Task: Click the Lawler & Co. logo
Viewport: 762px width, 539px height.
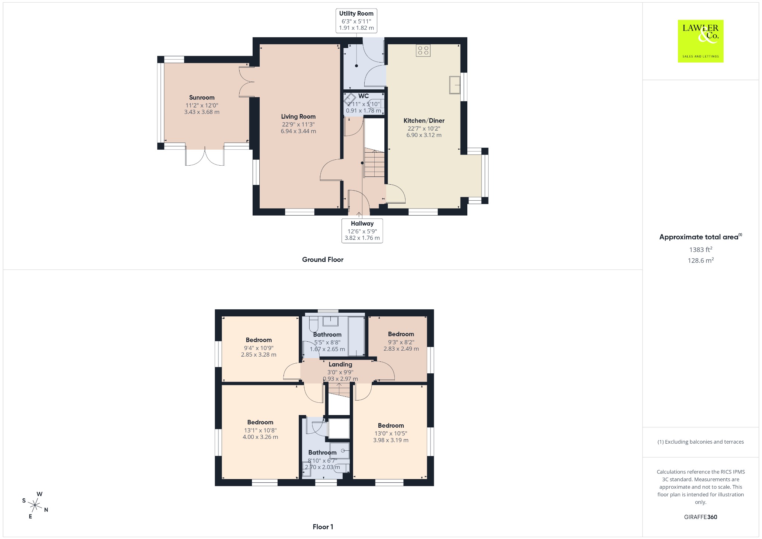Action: coord(700,41)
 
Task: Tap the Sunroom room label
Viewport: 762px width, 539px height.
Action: coord(202,98)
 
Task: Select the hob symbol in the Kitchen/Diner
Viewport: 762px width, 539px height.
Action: coord(423,50)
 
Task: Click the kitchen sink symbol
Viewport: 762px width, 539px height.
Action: coord(455,85)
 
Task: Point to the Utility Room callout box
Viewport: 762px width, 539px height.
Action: coord(356,20)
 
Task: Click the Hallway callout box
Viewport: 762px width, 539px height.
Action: coord(362,231)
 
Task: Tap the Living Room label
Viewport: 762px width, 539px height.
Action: coord(298,117)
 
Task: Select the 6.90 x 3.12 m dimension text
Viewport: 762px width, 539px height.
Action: coord(424,135)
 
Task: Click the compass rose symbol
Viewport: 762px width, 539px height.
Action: coord(35,505)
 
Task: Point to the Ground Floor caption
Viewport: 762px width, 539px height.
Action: coord(323,259)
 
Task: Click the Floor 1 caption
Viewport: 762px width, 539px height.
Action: coord(323,527)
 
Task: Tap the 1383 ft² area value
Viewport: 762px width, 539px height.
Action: coord(701,249)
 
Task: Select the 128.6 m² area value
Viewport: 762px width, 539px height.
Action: coord(701,260)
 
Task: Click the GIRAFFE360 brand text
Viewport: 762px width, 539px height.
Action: coord(701,517)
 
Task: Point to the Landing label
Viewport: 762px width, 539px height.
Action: coord(340,364)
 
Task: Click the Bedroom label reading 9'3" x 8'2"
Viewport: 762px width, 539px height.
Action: coord(401,334)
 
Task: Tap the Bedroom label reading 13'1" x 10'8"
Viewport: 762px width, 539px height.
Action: coord(260,422)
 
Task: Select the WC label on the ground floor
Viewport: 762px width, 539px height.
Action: coord(364,96)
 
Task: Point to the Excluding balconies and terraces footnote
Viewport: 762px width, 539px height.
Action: coord(701,442)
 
